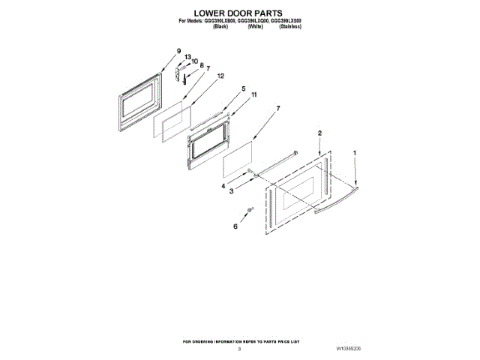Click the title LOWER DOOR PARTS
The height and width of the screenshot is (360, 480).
[x=239, y=13]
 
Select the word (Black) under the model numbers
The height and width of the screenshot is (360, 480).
[x=220, y=26]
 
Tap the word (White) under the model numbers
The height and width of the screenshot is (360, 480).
[x=255, y=26]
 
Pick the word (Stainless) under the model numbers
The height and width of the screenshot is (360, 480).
[x=290, y=26]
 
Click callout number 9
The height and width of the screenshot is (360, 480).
[x=178, y=51]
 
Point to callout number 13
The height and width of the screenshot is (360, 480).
[x=187, y=57]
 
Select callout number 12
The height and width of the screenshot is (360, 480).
[x=220, y=76]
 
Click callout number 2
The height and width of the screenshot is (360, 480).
[x=319, y=133]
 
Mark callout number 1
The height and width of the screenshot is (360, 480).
[x=355, y=154]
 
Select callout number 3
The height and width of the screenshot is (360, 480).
[x=231, y=193]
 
